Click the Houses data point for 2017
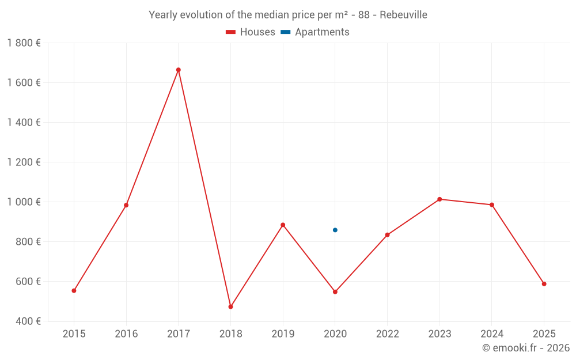tap(179, 70)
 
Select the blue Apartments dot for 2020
tap(335, 230)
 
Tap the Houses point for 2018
tap(230, 306)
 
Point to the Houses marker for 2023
tap(439, 199)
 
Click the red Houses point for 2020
tap(335, 291)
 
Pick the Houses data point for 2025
tap(544, 283)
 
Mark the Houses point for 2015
tap(74, 290)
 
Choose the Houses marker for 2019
tap(283, 225)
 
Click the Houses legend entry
tap(251, 32)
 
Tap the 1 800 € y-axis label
tap(24, 43)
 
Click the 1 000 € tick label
tap(24, 202)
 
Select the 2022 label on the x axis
tap(387, 334)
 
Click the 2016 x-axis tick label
tap(126, 334)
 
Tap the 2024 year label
tap(491, 334)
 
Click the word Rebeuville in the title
tap(403, 14)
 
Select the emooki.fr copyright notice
tap(525, 348)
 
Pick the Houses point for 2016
tap(126, 205)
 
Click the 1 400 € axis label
tap(24, 122)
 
